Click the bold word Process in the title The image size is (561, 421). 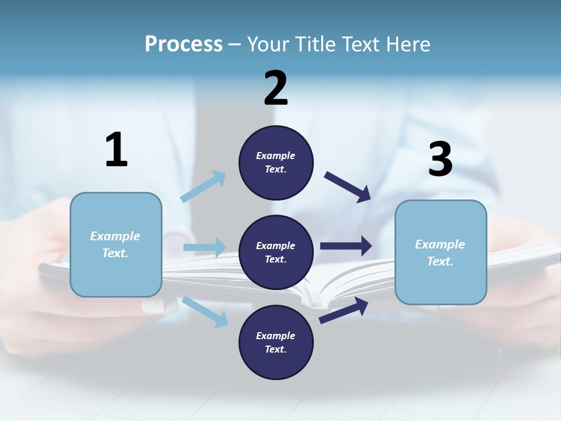pos(183,44)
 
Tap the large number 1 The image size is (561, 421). pos(116,150)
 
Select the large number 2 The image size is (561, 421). pos(276,88)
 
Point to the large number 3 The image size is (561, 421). pos(440,160)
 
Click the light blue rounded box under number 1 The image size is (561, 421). pos(116,244)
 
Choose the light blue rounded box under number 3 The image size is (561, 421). pos(441,253)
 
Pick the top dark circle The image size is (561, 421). pos(276,163)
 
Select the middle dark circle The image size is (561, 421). pos(276,253)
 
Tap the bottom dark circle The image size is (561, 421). pos(276,343)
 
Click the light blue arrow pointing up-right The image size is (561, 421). pos(203,187)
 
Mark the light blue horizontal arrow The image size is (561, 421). pos(205,247)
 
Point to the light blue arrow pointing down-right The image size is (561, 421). pos(205,312)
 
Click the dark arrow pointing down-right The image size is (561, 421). pos(348,187)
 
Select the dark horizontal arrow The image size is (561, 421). pos(346,246)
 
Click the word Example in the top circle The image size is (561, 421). pos(276,156)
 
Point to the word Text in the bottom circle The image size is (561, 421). pos(275,350)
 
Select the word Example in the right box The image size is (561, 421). pos(440,244)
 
